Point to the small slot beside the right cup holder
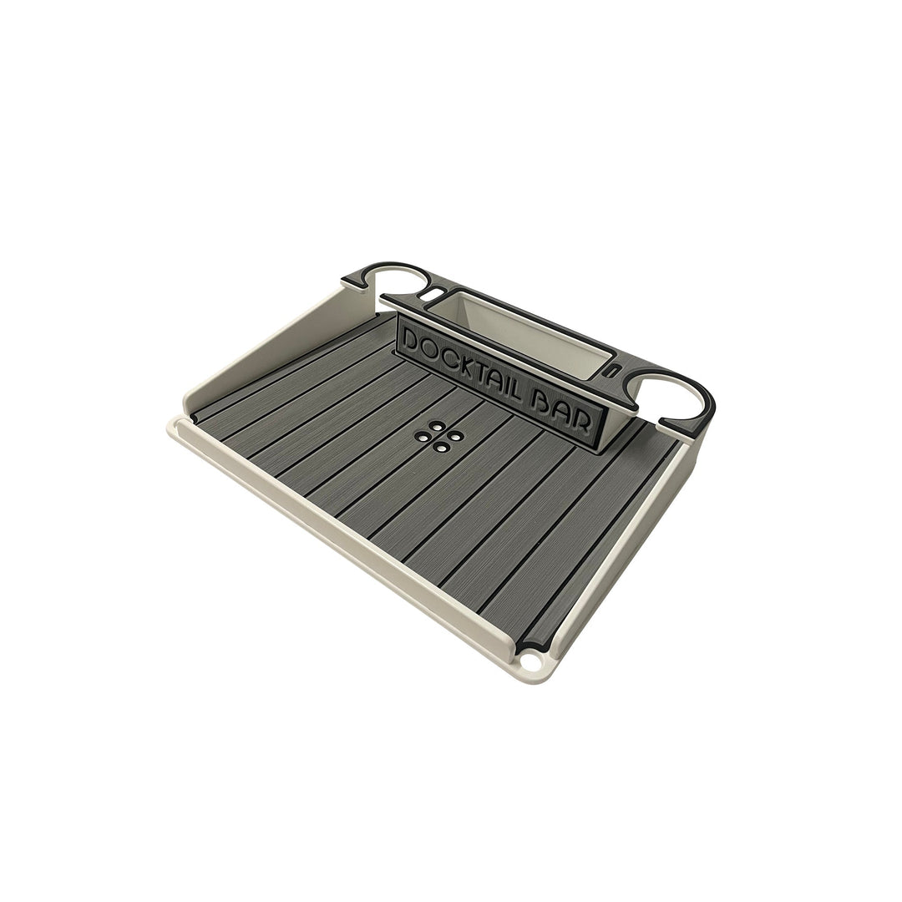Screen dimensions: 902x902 coord(615,368)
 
